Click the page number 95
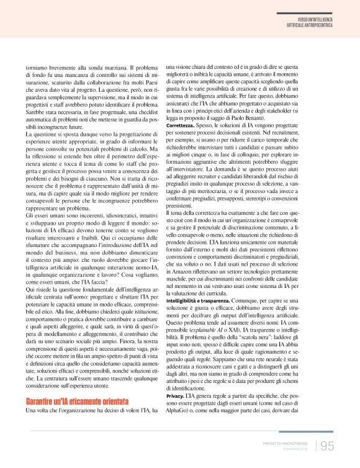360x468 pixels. [x=327, y=445]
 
